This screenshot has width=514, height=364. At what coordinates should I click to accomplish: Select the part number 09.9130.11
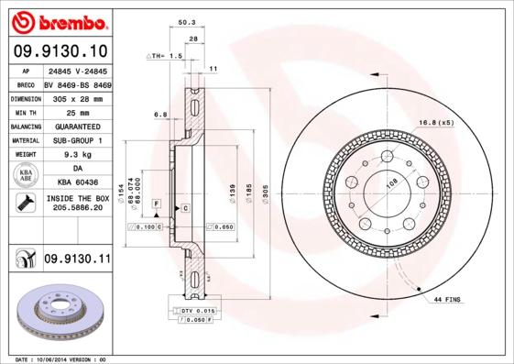point(77,260)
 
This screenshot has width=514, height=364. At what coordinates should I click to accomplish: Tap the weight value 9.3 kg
point(77,155)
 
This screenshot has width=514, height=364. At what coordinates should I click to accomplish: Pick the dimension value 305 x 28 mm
point(77,98)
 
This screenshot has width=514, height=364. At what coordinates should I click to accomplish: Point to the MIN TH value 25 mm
point(77,112)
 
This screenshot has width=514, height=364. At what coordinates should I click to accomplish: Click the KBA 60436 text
point(77,183)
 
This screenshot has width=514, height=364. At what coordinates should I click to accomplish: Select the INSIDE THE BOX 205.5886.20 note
point(77,204)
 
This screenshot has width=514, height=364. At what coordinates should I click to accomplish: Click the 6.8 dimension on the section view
point(160,115)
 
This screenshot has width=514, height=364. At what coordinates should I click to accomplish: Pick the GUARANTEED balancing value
point(77,127)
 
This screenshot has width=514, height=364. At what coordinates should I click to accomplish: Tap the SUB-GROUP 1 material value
point(77,140)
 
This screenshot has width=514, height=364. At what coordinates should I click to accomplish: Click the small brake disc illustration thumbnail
point(58,313)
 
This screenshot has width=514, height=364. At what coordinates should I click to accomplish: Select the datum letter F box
point(156,202)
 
